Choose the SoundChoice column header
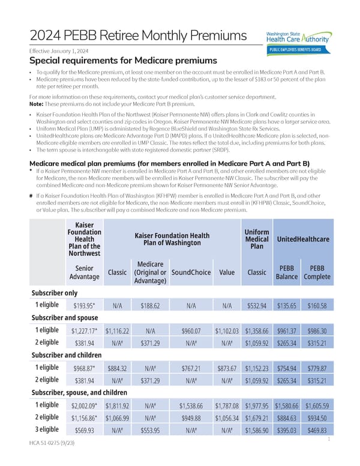(190, 272)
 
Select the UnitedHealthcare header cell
(302, 239)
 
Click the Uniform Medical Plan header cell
(257, 239)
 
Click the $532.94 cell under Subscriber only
(257, 305)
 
